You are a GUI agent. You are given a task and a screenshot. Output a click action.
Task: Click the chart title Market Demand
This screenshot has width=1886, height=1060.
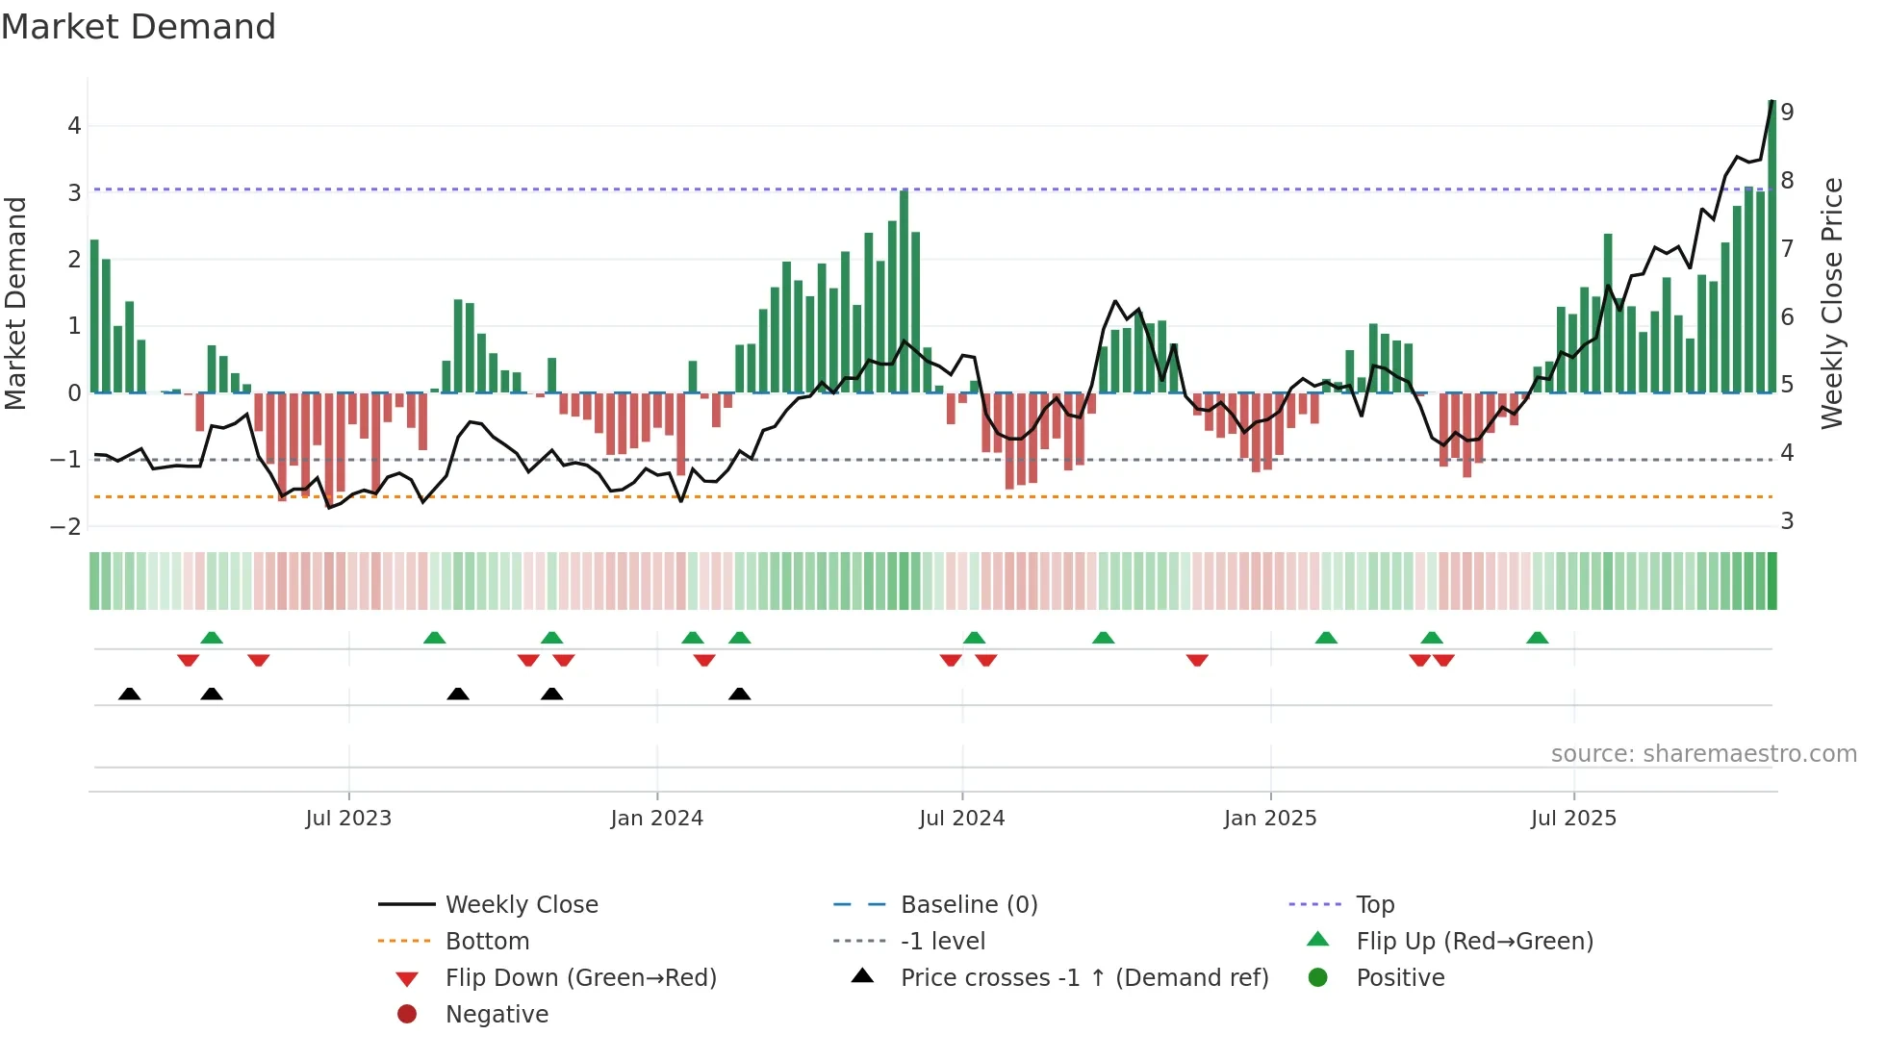point(139,27)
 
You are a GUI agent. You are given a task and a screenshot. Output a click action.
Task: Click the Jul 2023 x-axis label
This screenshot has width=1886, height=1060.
point(348,819)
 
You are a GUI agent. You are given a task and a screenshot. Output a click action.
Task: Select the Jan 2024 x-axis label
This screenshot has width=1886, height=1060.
point(656,819)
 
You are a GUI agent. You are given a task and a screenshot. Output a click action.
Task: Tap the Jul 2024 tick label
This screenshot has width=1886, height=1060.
point(961,819)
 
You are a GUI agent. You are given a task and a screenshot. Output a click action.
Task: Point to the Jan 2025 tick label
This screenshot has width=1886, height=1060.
point(1269,819)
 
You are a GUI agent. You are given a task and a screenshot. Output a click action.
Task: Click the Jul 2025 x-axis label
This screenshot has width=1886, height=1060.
point(1573,819)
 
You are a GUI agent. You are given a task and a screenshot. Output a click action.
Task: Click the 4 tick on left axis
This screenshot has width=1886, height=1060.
point(74,126)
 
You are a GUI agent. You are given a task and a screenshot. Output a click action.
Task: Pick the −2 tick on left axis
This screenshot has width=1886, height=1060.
point(66,526)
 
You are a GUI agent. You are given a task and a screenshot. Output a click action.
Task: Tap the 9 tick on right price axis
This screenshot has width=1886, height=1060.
point(1787,113)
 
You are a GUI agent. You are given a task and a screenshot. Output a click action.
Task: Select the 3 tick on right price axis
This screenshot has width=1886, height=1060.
point(1787,521)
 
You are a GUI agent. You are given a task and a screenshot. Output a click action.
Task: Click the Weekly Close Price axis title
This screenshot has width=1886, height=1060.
point(1832,303)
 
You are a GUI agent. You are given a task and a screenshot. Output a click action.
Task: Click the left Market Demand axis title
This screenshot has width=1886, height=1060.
point(16,303)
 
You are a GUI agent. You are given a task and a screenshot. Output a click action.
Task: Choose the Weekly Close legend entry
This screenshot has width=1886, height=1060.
point(521,905)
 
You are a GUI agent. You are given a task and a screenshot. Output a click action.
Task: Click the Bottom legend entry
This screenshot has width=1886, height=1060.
point(487,942)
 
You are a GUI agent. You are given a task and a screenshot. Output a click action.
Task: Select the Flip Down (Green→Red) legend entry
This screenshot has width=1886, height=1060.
point(580,978)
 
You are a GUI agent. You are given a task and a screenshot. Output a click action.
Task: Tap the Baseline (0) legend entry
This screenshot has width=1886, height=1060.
point(968,905)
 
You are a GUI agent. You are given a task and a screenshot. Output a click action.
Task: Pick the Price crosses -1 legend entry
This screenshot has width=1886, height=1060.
point(1083,978)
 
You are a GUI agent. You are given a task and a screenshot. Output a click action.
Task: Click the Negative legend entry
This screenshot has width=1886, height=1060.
point(497,1015)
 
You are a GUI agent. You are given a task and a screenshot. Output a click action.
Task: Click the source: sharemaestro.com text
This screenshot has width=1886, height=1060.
point(1703,754)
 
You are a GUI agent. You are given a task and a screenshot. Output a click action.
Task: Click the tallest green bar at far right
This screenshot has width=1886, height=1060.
point(1771,250)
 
